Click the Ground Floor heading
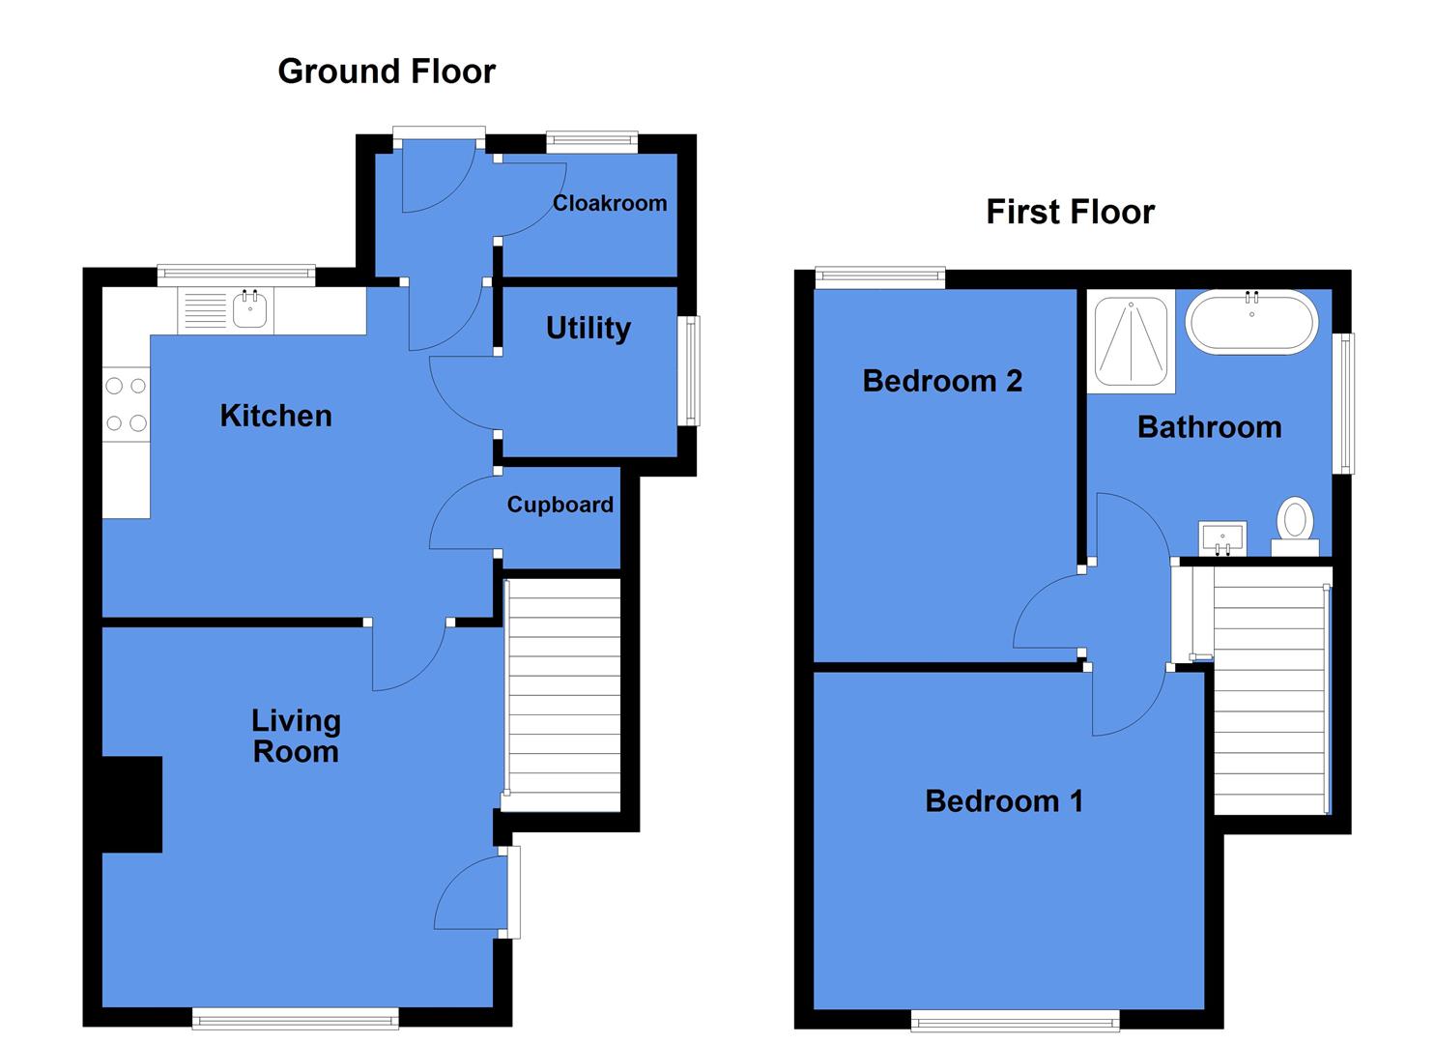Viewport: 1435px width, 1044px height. (387, 72)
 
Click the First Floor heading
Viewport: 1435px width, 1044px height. (1070, 213)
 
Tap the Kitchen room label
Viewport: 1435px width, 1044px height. (275, 416)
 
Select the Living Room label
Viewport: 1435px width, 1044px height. (296, 736)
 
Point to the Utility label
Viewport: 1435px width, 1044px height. (588, 329)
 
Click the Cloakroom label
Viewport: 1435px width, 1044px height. (609, 203)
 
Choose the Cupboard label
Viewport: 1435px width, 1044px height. (560, 505)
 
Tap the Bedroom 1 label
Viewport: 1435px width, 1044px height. (1003, 801)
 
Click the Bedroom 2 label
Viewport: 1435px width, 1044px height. (942, 381)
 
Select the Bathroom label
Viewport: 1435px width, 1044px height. (1209, 427)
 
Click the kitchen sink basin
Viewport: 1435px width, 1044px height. (251, 310)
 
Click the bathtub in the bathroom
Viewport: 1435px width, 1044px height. (1251, 324)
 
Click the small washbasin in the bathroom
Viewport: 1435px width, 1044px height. (1222, 537)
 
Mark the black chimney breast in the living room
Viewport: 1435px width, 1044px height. (131, 804)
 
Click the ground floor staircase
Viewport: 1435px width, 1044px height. (562, 694)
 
